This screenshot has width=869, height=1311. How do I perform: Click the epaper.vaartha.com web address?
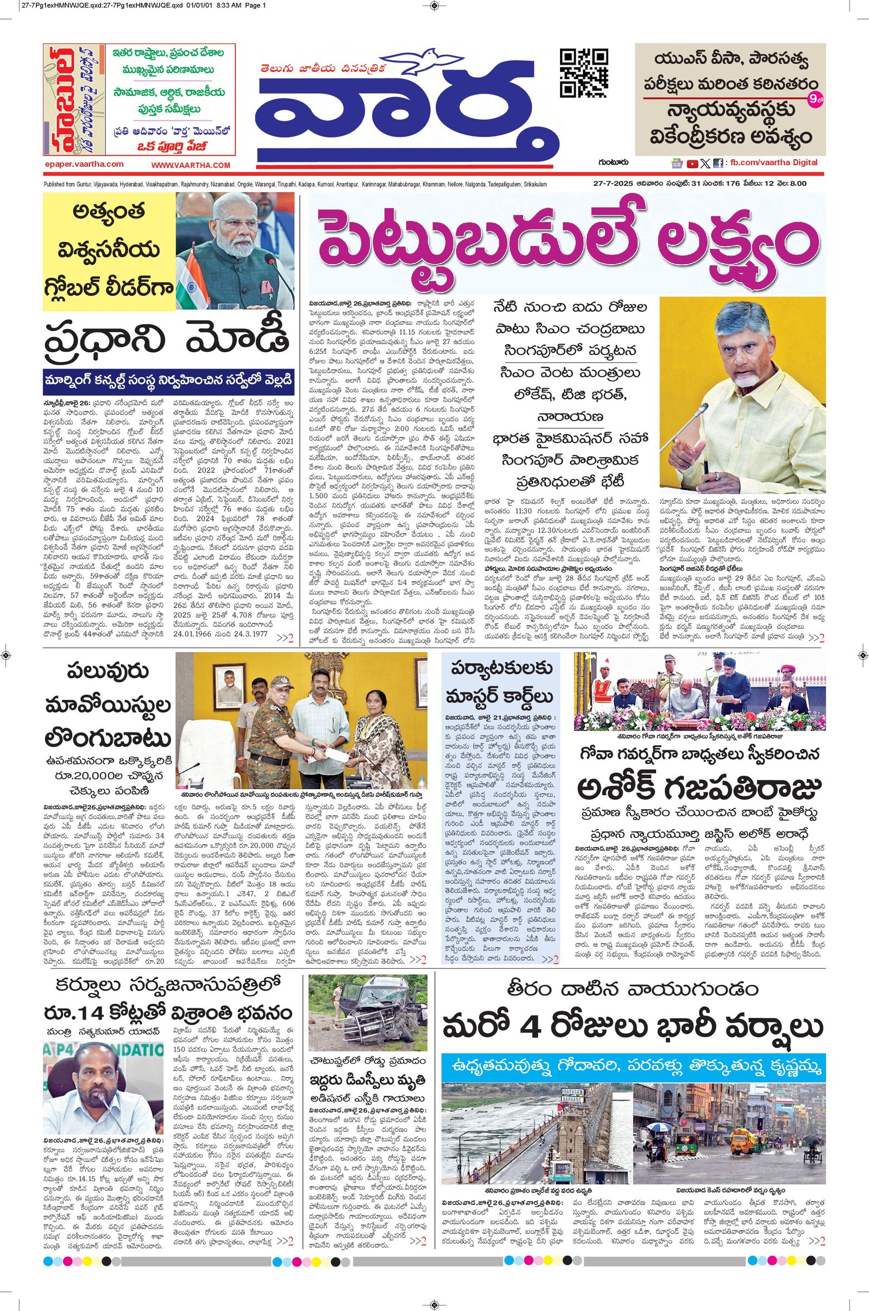[x=84, y=164]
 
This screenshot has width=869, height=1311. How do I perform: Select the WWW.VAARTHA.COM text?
[x=190, y=165]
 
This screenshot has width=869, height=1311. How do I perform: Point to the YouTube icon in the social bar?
[x=692, y=164]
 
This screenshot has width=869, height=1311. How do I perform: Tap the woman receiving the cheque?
[x=379, y=732]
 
